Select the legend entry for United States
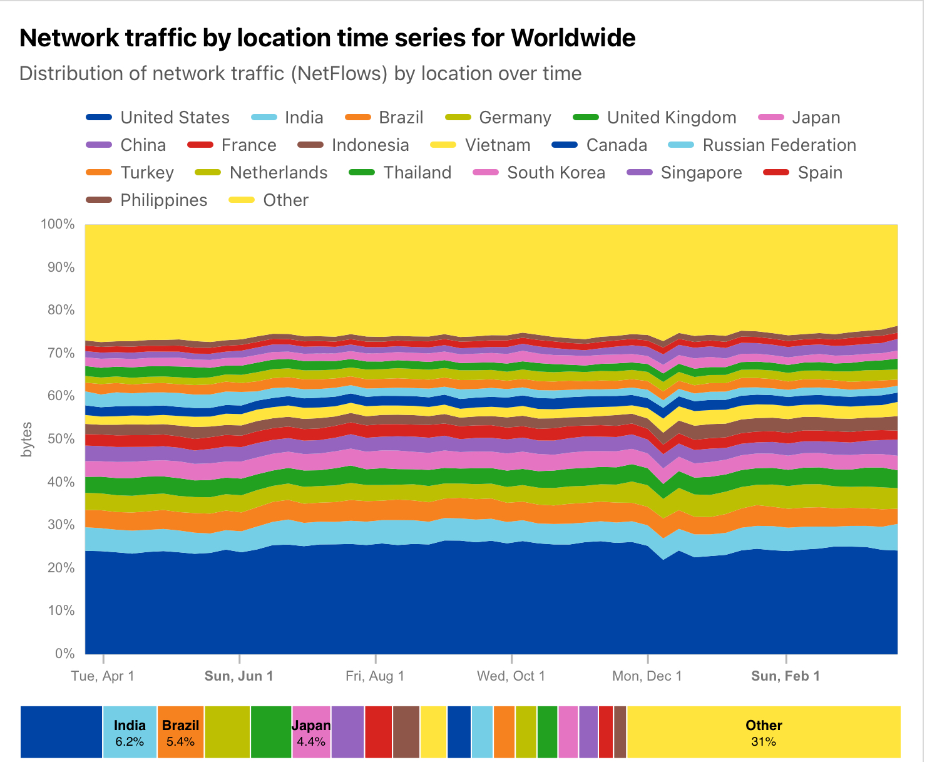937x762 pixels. pos(175,118)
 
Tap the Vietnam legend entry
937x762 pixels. pos(497,145)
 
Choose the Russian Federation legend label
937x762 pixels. pos(779,145)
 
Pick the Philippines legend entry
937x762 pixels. pos(163,200)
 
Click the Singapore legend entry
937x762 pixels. pos(701,173)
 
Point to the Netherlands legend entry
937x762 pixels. pos(278,173)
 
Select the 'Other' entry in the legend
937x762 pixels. pos(285,200)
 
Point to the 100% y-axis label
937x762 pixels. pos(58,224)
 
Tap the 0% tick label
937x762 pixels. pos(64,654)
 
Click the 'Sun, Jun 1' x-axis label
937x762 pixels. pos(239,676)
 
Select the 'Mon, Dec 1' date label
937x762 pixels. pos(647,676)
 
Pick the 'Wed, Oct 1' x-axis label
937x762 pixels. pos(511,676)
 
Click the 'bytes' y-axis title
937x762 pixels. pos(26,440)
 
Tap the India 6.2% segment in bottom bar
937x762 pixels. pos(130,733)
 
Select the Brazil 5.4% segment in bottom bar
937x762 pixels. pos(180,733)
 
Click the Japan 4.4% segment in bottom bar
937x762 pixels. pos(311,733)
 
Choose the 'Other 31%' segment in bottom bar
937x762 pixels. pos(764,733)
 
